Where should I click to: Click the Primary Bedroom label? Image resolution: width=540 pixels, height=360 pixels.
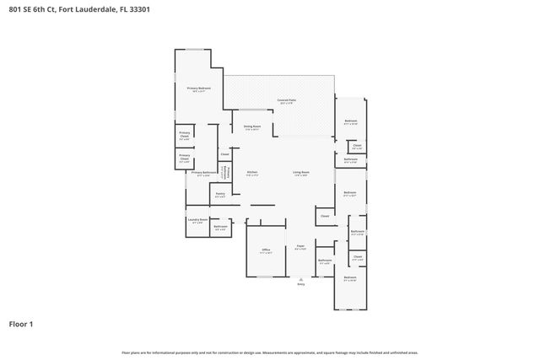tap(198, 89)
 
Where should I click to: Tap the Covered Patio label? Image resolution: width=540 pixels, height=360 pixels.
tap(287, 100)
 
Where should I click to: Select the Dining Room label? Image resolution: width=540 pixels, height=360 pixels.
tap(252, 127)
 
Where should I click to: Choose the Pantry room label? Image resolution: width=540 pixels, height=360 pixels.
tap(219, 193)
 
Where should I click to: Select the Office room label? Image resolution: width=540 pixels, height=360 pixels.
tap(265, 250)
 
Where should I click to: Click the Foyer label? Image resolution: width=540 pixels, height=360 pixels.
tap(300, 247)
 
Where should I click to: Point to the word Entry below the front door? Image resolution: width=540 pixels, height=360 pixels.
tap(300, 284)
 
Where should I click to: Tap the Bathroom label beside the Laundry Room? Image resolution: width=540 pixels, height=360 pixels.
tap(220, 226)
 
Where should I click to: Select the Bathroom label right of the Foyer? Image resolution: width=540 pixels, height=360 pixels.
tap(325, 261)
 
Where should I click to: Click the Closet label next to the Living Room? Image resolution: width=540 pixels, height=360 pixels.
tap(325, 216)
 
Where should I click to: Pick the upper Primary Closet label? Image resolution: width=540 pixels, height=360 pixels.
tap(184, 134)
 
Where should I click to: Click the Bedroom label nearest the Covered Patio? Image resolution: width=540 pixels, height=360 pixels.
tap(351, 121)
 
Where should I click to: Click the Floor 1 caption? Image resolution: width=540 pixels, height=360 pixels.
tap(21, 323)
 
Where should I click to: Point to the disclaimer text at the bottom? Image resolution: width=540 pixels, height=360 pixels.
tap(269, 353)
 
